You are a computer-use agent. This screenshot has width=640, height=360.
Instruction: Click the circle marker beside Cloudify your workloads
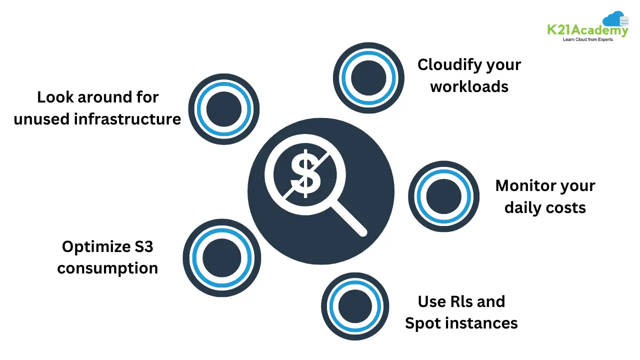tap(368, 77)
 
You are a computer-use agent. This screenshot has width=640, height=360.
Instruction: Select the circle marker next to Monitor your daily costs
tap(444, 196)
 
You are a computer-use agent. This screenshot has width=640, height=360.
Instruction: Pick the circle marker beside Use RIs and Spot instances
tap(355, 306)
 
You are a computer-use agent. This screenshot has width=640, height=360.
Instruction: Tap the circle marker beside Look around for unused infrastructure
tap(224, 109)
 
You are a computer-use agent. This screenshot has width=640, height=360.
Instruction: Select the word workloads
tap(469, 86)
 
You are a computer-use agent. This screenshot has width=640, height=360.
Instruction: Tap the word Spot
tap(423, 323)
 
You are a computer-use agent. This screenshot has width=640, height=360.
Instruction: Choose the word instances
tap(481, 323)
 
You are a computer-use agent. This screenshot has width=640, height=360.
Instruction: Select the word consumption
tap(107, 268)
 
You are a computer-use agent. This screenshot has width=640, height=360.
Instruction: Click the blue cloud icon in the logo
tap(614, 19)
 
